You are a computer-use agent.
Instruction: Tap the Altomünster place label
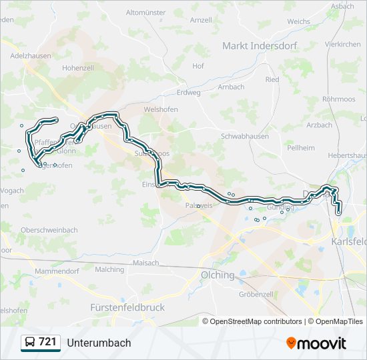click(145, 13)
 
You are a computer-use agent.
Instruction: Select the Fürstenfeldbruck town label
click(127, 307)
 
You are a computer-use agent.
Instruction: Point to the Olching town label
click(218, 275)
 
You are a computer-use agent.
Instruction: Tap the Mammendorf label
click(57, 271)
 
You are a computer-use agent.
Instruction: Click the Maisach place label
click(145, 263)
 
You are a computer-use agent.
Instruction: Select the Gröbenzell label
click(256, 294)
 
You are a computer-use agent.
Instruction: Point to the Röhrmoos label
click(338, 99)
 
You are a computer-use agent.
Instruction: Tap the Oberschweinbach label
click(49, 230)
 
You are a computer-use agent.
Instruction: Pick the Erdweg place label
click(189, 93)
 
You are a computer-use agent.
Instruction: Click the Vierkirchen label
click(342, 44)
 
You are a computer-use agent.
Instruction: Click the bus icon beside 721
click(29, 343)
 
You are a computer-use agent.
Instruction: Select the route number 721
click(47, 342)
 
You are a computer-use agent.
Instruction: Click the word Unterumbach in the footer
click(99, 343)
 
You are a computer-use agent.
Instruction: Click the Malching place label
click(109, 269)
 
